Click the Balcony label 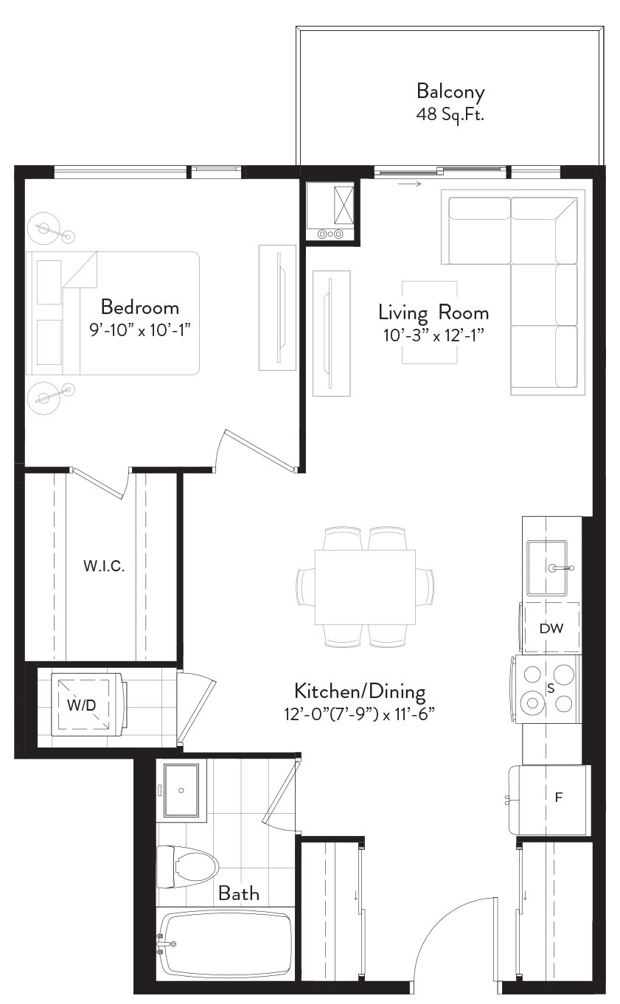(x=450, y=92)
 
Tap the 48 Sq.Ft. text (x=450, y=115)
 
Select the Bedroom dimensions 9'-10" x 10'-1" (x=140, y=330)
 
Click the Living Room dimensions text (x=434, y=335)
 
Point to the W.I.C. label (x=104, y=566)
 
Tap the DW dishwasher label (x=551, y=628)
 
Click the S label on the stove (x=551, y=688)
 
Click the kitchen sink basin (x=547, y=568)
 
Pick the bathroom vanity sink (x=181, y=790)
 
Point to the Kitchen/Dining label (x=360, y=691)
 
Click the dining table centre (x=365, y=588)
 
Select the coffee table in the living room (x=430, y=322)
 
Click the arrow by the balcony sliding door (x=409, y=184)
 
